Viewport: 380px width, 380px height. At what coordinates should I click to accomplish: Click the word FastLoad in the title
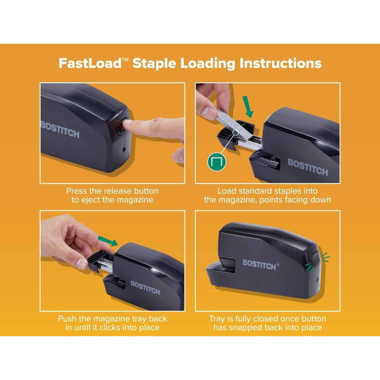coord(90,63)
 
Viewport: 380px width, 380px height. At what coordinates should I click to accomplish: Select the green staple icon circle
coord(217,162)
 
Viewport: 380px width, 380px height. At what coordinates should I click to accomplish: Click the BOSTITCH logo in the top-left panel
coord(60,130)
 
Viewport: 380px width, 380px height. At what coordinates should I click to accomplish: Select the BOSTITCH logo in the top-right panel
coord(308,167)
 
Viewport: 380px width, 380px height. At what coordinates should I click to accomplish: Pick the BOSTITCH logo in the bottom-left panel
coord(145,287)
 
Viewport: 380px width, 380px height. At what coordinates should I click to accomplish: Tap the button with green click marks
coord(315,259)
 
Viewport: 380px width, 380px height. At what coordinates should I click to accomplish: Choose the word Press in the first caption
coord(77,191)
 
